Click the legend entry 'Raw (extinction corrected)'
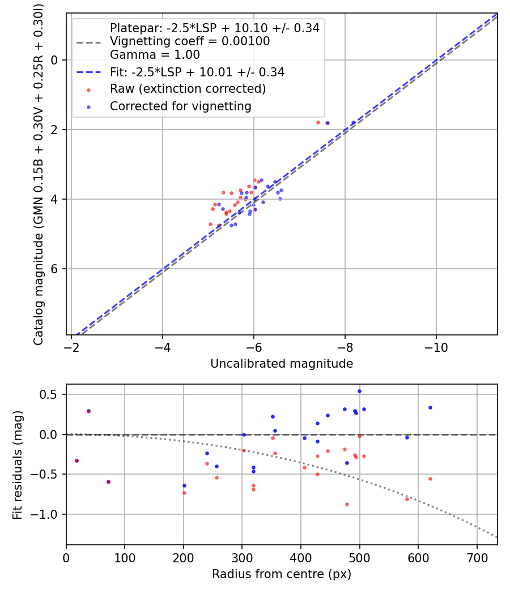tap(188, 89)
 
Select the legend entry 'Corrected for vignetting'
tap(180, 106)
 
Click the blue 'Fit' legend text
tap(197, 72)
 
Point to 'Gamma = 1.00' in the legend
tap(155, 55)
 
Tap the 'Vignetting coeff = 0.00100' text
tap(190, 41)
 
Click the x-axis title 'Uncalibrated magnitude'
tap(282, 364)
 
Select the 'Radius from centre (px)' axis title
tap(282, 574)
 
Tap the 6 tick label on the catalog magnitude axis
tap(54, 269)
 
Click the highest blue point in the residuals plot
tap(359, 391)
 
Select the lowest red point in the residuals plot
tap(347, 504)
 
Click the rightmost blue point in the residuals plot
tap(430, 407)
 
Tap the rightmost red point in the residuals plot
tap(430, 479)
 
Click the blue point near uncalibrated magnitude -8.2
tap(354, 123)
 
